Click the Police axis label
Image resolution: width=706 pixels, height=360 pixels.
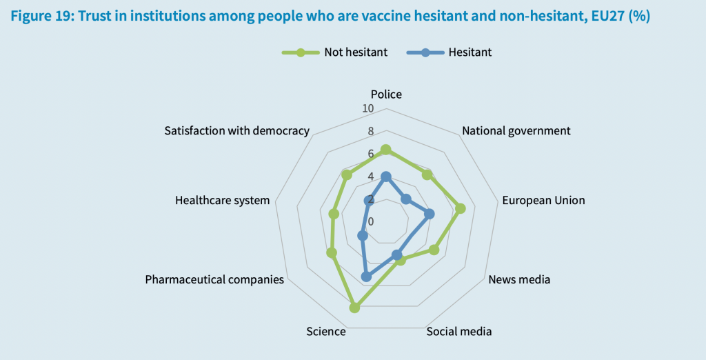(386, 94)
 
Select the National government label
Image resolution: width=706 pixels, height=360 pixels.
(516, 130)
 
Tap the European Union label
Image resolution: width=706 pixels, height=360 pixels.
(543, 201)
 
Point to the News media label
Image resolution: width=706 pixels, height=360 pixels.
(519, 279)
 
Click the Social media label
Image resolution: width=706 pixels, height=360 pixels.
(459, 332)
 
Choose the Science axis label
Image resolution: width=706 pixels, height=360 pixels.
(326, 332)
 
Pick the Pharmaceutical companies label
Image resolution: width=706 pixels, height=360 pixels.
(214, 279)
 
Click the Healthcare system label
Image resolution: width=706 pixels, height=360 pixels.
(222, 201)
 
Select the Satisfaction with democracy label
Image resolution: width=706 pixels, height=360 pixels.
(236, 130)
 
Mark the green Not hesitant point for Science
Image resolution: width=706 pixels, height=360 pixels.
(354, 308)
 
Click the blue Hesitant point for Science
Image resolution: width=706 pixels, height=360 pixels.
(366, 277)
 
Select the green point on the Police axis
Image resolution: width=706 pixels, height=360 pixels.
(386, 149)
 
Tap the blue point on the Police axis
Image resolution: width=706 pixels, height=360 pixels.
(386, 177)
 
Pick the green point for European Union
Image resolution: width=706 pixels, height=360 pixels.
(461, 208)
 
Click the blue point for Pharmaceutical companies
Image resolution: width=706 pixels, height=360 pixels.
(362, 236)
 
